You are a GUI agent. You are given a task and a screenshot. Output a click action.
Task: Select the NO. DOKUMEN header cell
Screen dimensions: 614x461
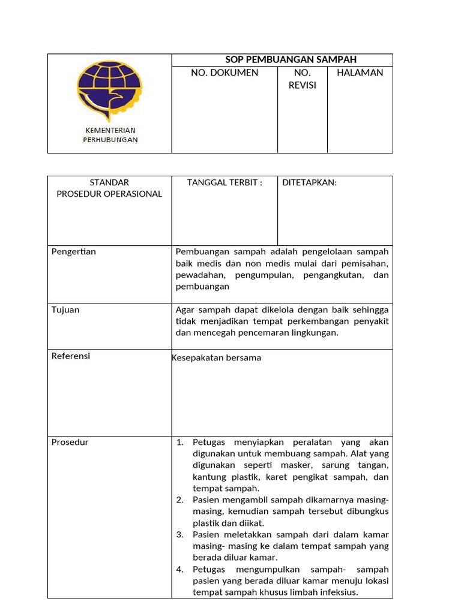[224, 73]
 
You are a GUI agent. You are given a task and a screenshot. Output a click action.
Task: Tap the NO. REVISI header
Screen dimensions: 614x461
[303, 79]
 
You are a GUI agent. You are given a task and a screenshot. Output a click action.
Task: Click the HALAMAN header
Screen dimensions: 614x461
[360, 73]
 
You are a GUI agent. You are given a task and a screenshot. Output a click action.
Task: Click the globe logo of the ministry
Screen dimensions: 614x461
[109, 90]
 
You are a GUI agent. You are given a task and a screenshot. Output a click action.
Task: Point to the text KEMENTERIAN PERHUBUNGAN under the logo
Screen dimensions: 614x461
[110, 135]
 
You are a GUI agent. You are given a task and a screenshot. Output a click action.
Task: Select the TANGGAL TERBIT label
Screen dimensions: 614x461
[224, 183]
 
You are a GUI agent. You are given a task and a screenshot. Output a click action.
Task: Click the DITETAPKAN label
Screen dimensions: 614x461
[310, 183]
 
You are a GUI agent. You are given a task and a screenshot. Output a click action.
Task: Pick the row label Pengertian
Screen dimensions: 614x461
[74, 252]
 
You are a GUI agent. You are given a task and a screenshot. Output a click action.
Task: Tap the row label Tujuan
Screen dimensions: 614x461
[65, 310]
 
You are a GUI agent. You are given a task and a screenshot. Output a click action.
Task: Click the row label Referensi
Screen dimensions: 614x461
[71, 356]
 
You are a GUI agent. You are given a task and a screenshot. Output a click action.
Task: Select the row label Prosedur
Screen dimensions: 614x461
[70, 443]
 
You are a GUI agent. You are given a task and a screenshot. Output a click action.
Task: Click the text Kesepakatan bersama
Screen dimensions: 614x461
[217, 358]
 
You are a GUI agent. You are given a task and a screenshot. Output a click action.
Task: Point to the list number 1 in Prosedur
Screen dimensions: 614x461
[179, 443]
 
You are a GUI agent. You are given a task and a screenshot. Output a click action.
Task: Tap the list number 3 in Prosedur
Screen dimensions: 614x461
[179, 535]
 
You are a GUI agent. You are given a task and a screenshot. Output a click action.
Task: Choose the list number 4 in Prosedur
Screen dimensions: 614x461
[179, 570]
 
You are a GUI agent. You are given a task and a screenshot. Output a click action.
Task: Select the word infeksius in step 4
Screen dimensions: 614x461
[338, 592]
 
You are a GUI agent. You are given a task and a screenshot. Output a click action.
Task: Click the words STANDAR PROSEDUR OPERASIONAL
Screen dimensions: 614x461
[109, 188]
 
